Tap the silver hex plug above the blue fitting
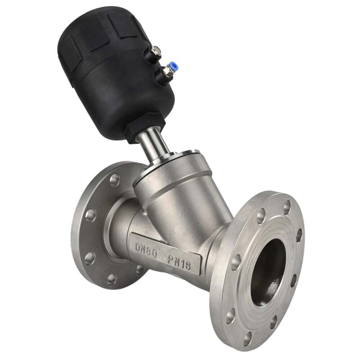(x=156, y=50)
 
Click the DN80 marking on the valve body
(x=146, y=248)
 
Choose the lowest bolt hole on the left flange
(x=112, y=279)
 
